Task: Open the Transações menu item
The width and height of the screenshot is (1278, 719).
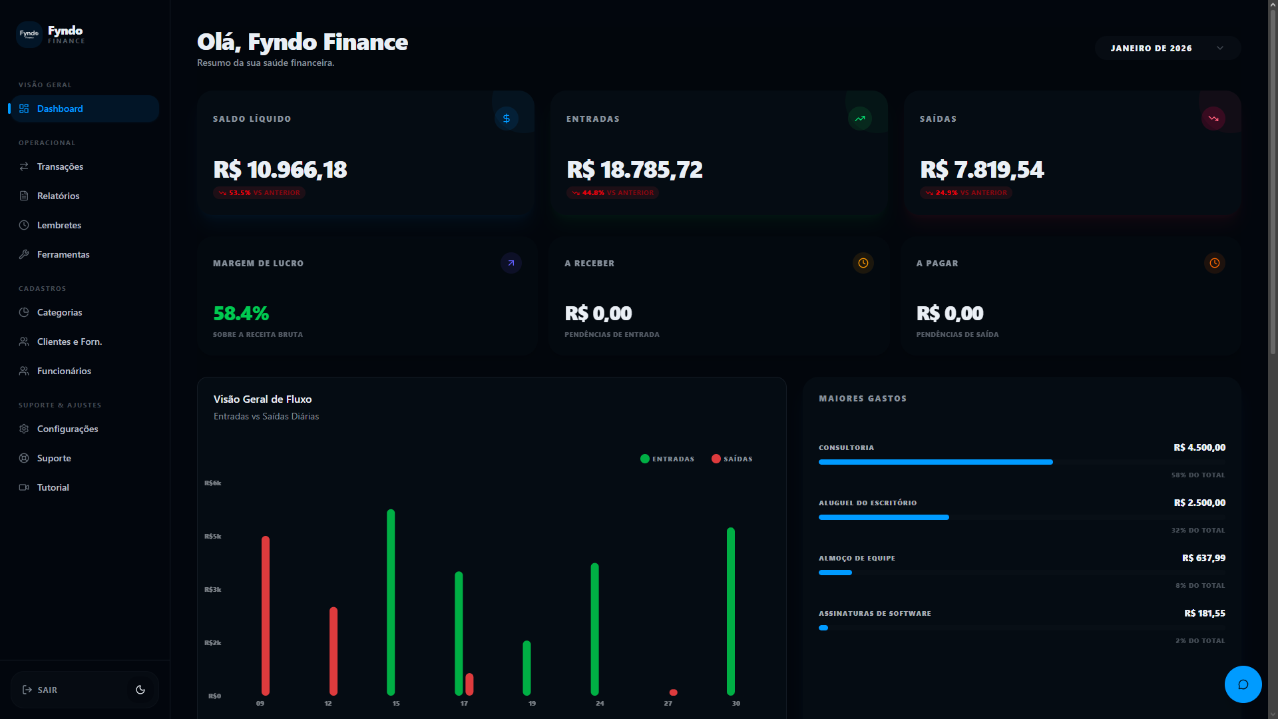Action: pos(60,166)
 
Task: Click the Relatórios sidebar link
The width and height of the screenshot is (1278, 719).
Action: pos(58,196)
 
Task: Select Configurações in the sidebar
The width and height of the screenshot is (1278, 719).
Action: pos(67,429)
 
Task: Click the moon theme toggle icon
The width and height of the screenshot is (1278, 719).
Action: pos(140,690)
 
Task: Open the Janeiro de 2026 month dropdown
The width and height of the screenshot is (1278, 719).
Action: pos(1167,48)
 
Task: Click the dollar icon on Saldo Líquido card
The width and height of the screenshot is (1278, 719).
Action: pos(507,119)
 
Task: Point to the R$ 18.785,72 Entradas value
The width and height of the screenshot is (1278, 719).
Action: pos(634,170)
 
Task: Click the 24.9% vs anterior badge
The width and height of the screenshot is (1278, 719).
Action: pos(966,193)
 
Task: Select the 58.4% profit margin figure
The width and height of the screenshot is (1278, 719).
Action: pos(241,313)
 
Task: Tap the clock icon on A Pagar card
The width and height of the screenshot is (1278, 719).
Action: pos(1214,263)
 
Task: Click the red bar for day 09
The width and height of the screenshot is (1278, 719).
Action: pos(266,616)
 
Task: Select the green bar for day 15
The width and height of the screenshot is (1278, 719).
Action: pos(391,602)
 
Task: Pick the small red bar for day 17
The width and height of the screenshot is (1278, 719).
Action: pos(469,684)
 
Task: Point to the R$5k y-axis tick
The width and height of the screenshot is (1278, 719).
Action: pos(213,537)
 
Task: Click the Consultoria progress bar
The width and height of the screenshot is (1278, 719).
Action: pos(935,462)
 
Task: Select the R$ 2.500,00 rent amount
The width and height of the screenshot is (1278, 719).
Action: pos(1199,503)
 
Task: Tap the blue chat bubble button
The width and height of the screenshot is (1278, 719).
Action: pos(1243,684)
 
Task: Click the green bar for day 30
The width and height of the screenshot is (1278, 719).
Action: pos(731,611)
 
